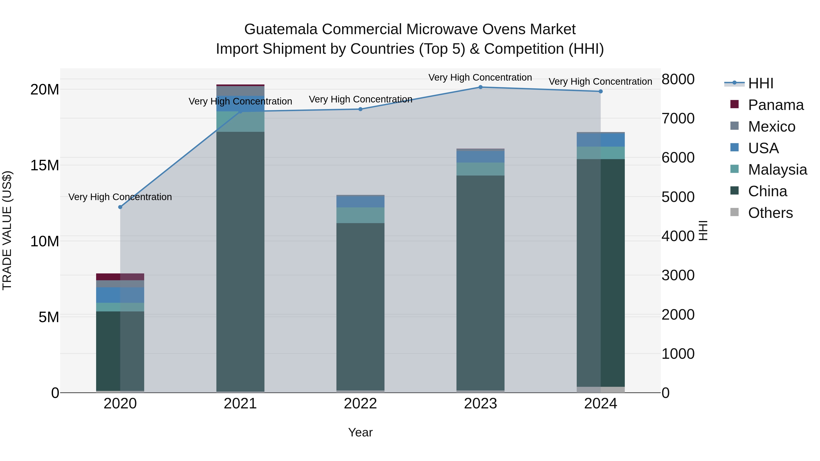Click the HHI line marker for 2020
(120, 207)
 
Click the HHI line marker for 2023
(480, 87)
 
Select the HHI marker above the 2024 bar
(600, 91)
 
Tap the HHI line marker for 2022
(360, 109)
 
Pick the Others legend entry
(770, 213)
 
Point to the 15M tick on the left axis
(45, 166)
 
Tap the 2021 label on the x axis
(240, 404)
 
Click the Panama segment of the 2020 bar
(120, 277)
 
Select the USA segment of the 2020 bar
(120, 295)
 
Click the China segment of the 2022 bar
(360, 306)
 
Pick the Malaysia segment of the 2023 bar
(480, 169)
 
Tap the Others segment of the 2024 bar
(600, 390)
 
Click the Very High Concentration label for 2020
(120, 197)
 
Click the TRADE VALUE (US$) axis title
(7, 230)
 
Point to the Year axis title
(360, 432)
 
